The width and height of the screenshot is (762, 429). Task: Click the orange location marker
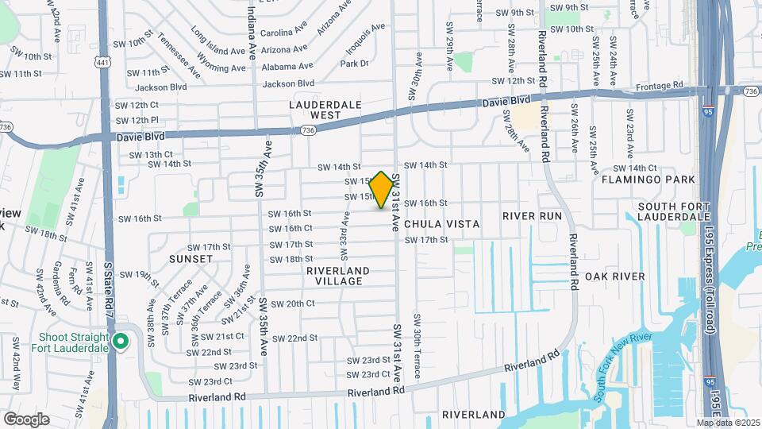383,190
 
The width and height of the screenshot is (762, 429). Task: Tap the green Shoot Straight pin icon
121,342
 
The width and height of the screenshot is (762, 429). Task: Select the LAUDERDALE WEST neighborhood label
325,110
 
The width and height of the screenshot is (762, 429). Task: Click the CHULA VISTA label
442,224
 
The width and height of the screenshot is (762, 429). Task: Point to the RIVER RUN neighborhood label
532,216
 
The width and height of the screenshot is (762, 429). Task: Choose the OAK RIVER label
614,276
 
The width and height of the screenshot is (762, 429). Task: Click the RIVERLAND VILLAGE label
338,276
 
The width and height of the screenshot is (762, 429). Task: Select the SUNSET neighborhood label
190,259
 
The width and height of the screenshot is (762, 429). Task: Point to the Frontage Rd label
660,85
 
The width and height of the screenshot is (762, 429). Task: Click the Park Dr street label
355,64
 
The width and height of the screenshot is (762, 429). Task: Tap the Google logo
26,419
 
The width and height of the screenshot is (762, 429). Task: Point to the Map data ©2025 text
727,423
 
